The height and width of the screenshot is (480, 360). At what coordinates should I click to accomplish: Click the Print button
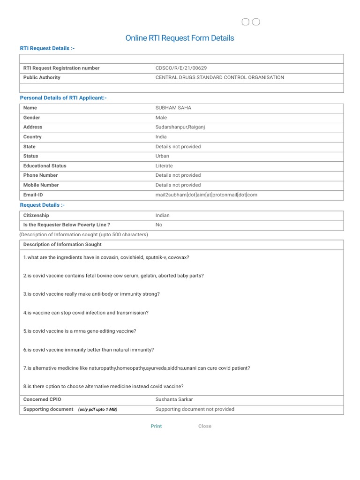click(x=156, y=426)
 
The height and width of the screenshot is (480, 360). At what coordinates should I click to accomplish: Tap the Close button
click(x=205, y=426)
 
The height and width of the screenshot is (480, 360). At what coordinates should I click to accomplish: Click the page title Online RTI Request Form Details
click(x=180, y=38)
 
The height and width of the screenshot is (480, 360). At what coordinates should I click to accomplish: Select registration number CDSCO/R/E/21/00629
click(x=181, y=68)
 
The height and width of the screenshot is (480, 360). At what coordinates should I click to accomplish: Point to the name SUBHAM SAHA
click(x=173, y=108)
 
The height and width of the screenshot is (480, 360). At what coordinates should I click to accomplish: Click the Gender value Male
click(x=161, y=118)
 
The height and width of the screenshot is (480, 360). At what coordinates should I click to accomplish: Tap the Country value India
click(x=161, y=137)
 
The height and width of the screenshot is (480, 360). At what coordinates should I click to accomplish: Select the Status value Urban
click(x=163, y=156)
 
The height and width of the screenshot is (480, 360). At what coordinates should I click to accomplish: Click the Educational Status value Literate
click(x=164, y=166)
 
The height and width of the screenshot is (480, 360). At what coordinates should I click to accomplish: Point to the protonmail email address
click(x=206, y=195)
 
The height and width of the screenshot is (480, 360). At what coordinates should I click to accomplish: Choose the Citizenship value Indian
click(x=163, y=215)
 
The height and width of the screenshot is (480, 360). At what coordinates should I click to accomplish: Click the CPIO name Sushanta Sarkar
click(x=174, y=399)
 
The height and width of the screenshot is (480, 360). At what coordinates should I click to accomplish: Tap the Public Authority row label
click(x=42, y=77)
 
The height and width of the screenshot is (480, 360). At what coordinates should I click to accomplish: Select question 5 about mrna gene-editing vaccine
click(x=80, y=331)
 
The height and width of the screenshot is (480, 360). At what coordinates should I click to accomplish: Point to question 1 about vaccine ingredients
click(x=106, y=257)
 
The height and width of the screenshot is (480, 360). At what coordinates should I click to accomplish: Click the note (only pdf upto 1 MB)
click(x=97, y=409)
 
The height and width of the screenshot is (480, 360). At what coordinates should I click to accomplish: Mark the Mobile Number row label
click(x=41, y=185)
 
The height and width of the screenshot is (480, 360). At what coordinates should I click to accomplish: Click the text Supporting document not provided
click(x=195, y=409)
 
